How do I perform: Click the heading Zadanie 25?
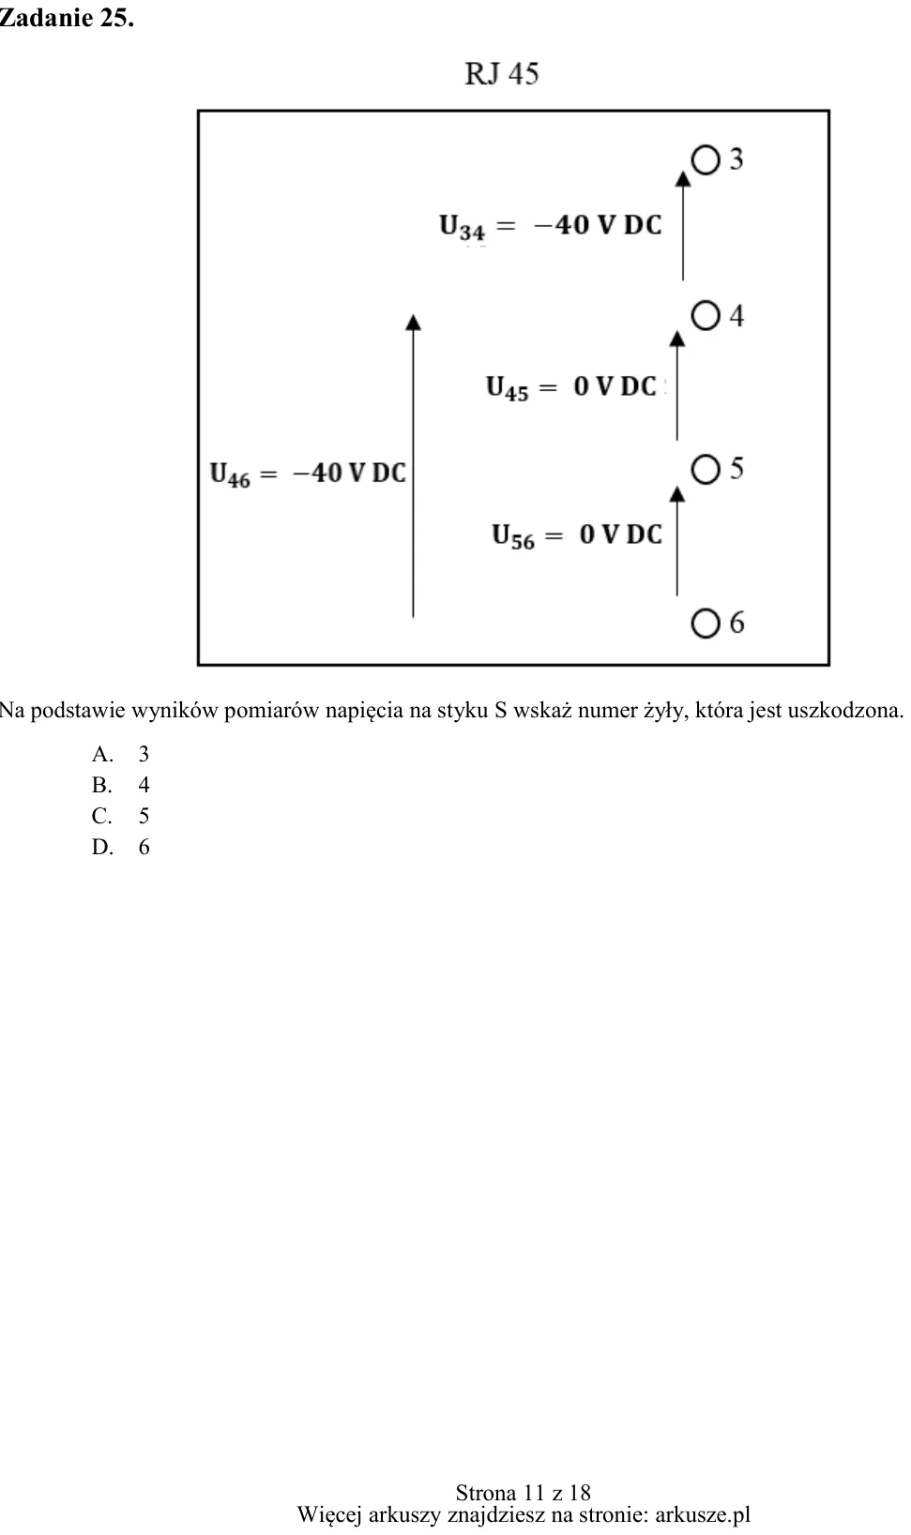coord(67,18)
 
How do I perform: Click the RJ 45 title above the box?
coord(502,73)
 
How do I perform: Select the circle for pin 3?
coord(706,159)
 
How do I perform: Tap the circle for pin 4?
coord(706,315)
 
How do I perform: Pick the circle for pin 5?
coord(706,470)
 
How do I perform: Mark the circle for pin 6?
coord(706,624)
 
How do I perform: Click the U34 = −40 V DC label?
coord(551,226)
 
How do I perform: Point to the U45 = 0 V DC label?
coord(571,387)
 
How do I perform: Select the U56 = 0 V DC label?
coord(577,535)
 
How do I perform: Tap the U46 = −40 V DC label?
coord(308,474)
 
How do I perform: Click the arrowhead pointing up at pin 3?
coord(683,178)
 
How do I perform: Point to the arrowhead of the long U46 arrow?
coord(414,322)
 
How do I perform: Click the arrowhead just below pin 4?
coord(677,338)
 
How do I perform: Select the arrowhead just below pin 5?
coord(677,493)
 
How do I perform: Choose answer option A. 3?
coord(121,754)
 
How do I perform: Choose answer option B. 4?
coord(121,785)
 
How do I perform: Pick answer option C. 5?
coord(121,816)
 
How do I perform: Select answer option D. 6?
coord(121,847)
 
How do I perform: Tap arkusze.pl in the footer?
coord(703,1513)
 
